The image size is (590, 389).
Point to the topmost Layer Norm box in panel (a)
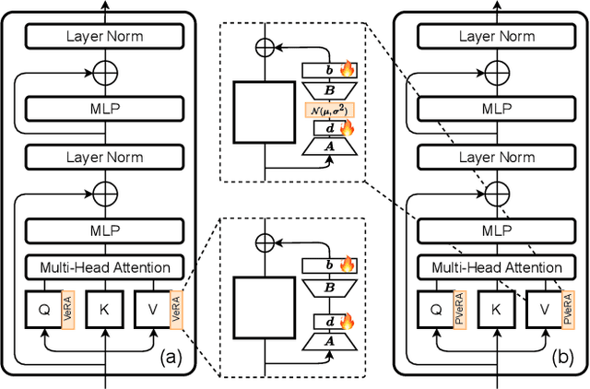[105, 37]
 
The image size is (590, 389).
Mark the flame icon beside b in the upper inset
[348, 68]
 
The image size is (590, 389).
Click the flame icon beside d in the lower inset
[348, 323]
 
